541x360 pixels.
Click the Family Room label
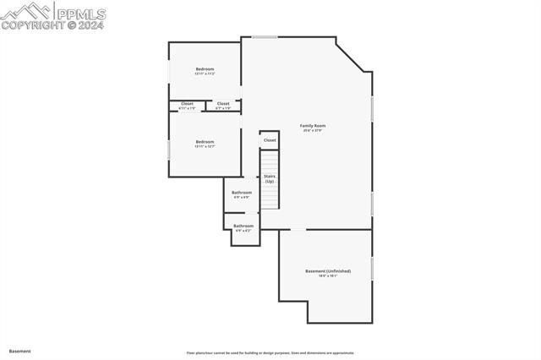pyautogui.click(x=313, y=126)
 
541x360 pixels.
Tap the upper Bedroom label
pyautogui.click(x=205, y=69)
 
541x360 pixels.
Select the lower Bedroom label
pyautogui.click(x=205, y=142)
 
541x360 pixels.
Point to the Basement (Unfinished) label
pyautogui.click(x=328, y=271)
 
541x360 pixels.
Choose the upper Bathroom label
pyautogui.click(x=242, y=193)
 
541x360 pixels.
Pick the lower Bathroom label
pyautogui.click(x=243, y=226)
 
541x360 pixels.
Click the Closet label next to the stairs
pyautogui.click(x=270, y=140)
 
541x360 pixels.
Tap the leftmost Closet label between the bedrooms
pyautogui.click(x=187, y=103)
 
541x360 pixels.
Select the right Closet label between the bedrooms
pyautogui.click(x=223, y=103)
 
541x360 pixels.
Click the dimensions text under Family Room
pyautogui.click(x=313, y=131)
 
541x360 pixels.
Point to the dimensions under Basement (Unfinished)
pyautogui.click(x=328, y=276)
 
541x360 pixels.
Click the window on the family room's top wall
pyautogui.click(x=265, y=36)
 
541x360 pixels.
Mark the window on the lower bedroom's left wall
pyautogui.click(x=169, y=150)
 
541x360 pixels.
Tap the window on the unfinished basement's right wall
pyautogui.click(x=372, y=269)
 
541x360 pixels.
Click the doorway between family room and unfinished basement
pyautogui.click(x=298, y=229)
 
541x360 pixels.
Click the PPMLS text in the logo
pyautogui.click(x=81, y=14)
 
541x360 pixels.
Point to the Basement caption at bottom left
pyautogui.click(x=20, y=351)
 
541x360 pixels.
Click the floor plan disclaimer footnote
pyautogui.click(x=270, y=353)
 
